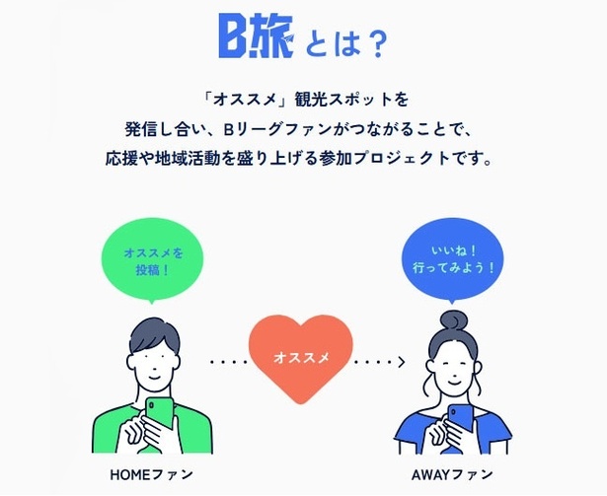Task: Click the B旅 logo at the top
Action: (x=257, y=35)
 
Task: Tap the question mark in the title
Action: (x=375, y=44)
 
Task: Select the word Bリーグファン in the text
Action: (x=277, y=129)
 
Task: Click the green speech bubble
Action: (x=152, y=260)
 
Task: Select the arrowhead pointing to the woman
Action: (x=402, y=362)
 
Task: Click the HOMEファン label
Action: (x=152, y=474)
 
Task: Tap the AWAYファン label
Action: (x=452, y=474)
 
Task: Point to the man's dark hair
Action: (x=154, y=335)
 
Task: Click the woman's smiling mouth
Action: (x=454, y=383)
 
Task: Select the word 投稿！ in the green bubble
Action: (x=153, y=270)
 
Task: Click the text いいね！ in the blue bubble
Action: (x=453, y=251)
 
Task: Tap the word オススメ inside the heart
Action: (x=301, y=358)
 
